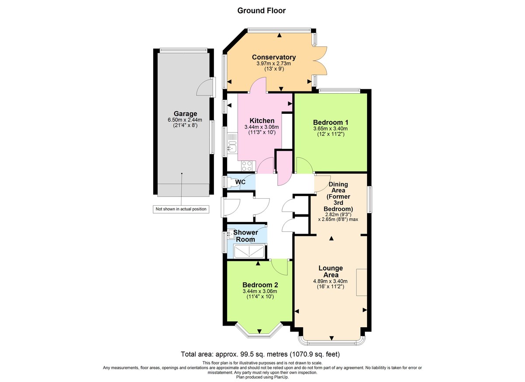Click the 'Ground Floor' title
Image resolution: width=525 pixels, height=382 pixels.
261,11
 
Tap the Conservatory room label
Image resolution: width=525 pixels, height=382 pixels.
273,57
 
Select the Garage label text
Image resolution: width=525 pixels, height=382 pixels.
182,114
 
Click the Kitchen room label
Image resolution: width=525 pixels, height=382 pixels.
262,121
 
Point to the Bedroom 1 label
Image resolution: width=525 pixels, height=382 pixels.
330,123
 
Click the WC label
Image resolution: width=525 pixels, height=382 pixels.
240,182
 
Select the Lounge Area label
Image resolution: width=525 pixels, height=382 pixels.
330,271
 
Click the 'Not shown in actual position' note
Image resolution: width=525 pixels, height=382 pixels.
181,209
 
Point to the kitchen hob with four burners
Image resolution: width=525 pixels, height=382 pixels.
247,166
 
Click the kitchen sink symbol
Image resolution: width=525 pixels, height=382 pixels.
231,148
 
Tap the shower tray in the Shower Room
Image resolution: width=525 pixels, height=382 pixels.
249,252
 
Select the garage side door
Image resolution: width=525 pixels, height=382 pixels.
205,88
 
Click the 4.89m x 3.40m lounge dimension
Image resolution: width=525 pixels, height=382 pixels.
330,281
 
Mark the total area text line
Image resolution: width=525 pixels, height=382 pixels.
260,354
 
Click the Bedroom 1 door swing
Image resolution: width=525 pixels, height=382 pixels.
304,165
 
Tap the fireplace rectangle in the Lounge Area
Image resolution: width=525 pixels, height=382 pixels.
361,283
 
